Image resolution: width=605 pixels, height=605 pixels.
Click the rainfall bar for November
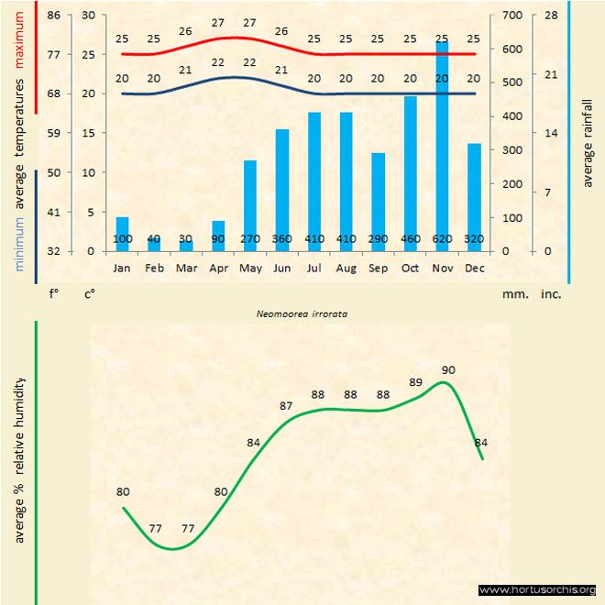(442, 147)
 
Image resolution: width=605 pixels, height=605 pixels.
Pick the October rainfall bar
(410, 173)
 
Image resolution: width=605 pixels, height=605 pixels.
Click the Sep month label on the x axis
(378, 269)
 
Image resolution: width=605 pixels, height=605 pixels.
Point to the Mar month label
(186, 269)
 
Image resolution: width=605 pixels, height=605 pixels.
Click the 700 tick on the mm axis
(511, 16)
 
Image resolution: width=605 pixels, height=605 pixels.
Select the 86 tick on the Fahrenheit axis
(54, 16)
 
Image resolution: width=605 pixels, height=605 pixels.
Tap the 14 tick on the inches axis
(552, 133)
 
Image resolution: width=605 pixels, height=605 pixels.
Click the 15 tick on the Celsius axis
(88, 133)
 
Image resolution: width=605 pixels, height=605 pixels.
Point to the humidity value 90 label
(448, 370)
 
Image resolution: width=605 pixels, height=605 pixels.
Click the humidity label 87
(287, 405)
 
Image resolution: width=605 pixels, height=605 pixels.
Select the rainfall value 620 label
(442, 239)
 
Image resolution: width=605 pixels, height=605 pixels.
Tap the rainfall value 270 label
(250, 239)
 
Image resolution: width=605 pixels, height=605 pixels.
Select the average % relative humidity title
(20, 459)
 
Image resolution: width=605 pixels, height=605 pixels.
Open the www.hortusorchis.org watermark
(537, 590)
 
